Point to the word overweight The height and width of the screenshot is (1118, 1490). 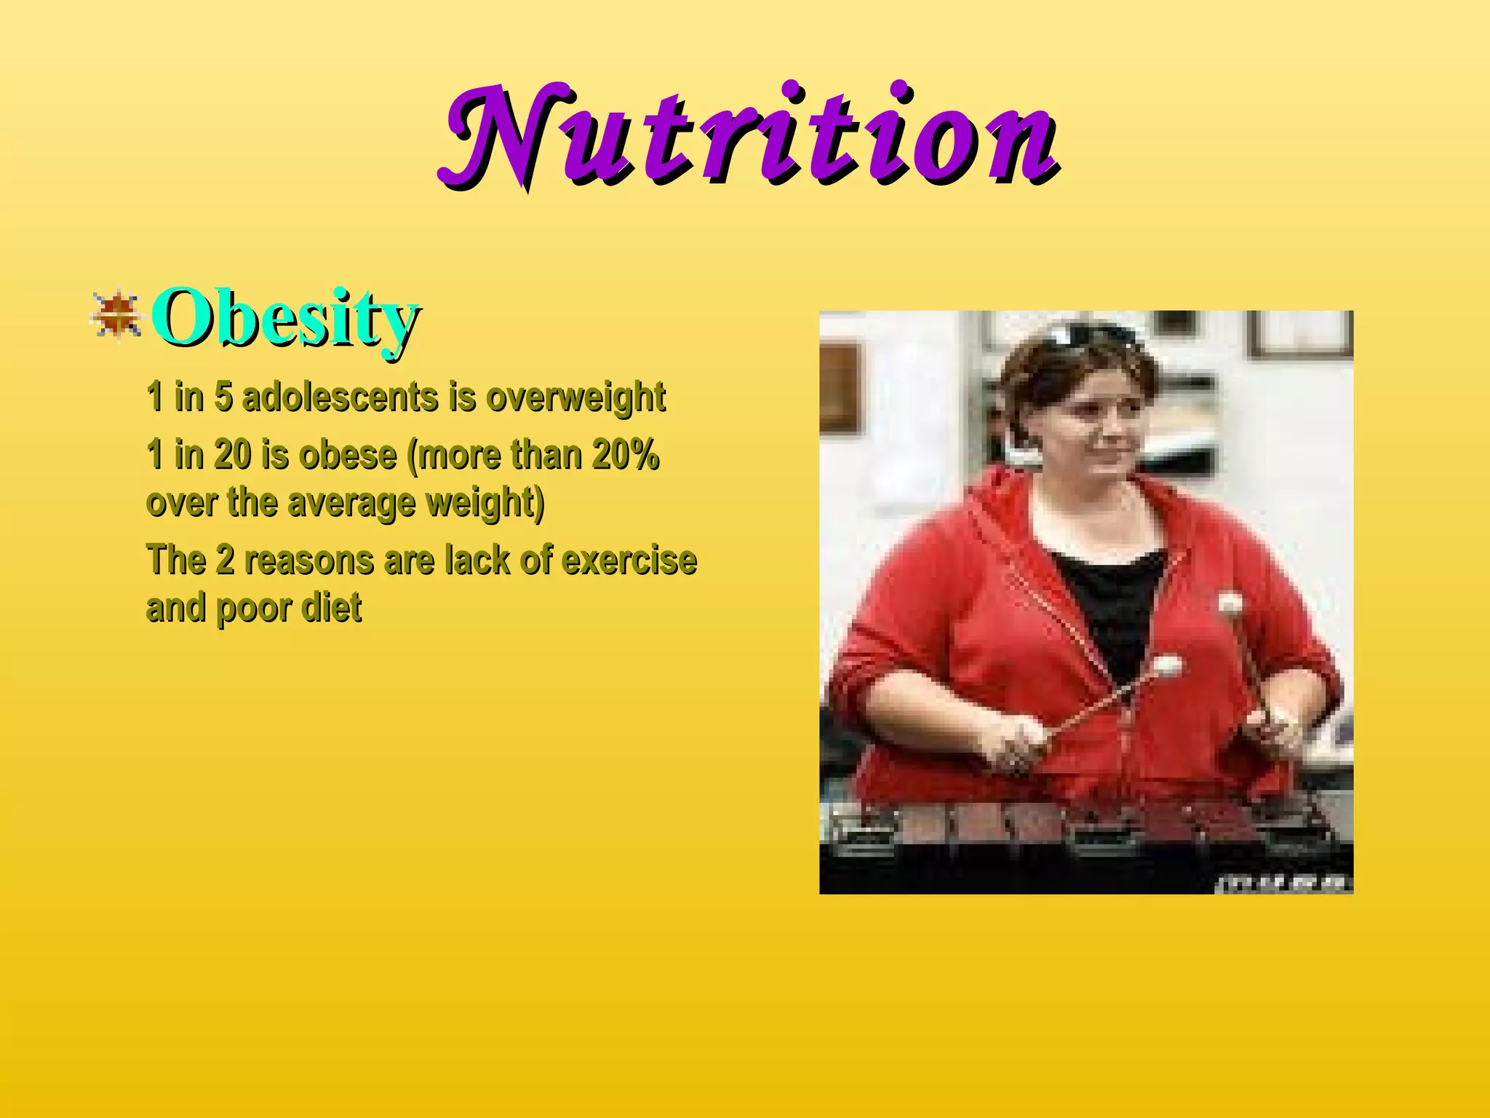575,397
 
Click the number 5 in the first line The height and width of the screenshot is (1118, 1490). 223,397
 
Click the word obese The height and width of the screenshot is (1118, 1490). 348,456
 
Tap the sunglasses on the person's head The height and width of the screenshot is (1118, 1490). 1084,337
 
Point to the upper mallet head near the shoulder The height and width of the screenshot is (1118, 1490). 1230,603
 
